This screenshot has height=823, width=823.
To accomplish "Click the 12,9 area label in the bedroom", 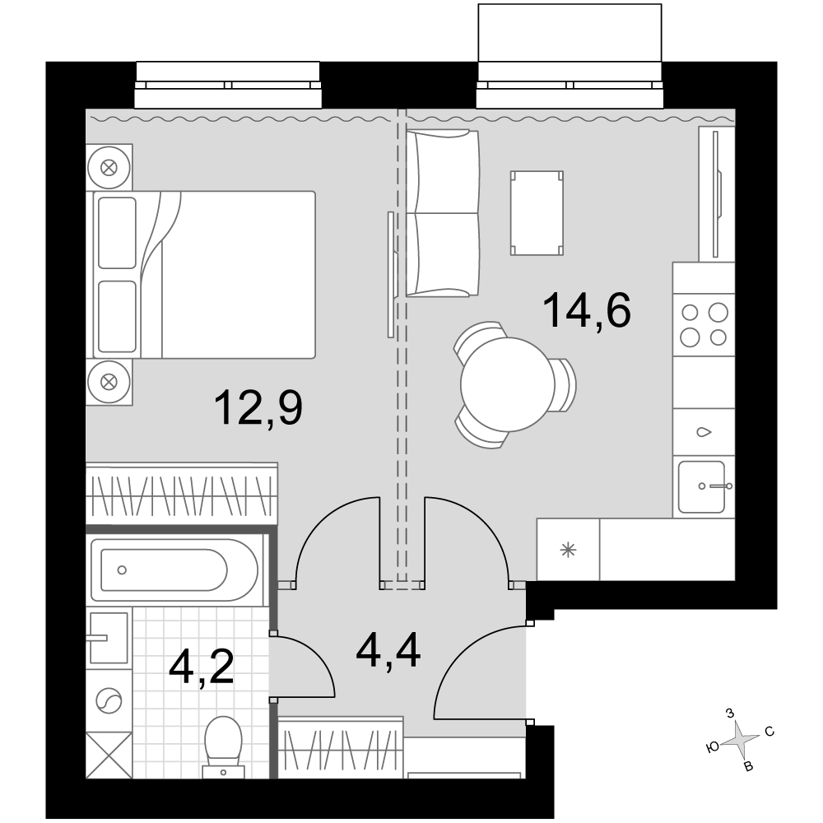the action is coord(258,408).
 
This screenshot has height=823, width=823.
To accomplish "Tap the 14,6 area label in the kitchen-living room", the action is coord(587,310).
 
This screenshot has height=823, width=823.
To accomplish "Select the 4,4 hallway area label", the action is coord(388,651).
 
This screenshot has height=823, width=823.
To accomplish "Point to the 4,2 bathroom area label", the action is coord(201,667).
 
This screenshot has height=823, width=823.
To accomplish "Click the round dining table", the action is coord(508,384).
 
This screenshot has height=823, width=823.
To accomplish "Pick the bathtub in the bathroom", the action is coord(174,570).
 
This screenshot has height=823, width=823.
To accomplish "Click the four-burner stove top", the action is coord(704,325).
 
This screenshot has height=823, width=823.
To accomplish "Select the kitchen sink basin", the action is coord(702,486).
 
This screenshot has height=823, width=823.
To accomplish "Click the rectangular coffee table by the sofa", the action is coord(537,213).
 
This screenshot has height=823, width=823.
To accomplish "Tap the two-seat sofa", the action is coord(443,213).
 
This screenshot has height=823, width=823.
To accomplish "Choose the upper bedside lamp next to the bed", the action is coord(109,168).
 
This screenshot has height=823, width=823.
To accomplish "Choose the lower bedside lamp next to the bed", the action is coord(109,382).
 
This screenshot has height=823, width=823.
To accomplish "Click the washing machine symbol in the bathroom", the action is coord(109,700).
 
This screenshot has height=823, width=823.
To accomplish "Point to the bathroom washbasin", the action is coord(109,639).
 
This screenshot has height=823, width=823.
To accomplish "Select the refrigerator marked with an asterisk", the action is coord(568,550).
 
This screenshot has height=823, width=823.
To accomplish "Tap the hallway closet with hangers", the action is coord(340,747).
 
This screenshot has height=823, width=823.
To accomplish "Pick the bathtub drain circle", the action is coord(122,570).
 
